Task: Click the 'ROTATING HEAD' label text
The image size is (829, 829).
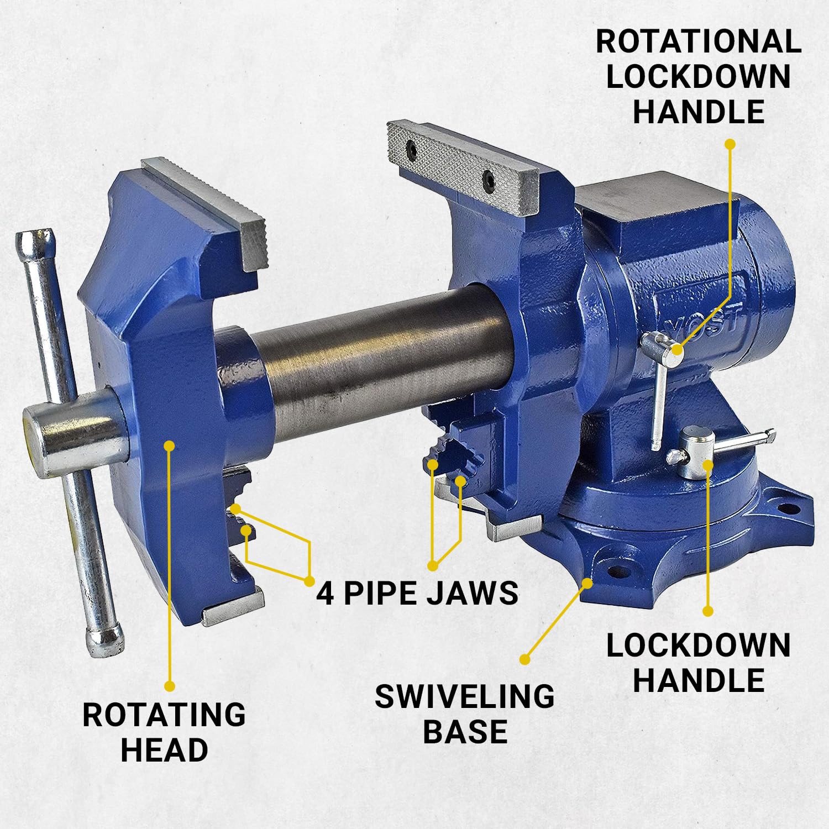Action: click(x=164, y=732)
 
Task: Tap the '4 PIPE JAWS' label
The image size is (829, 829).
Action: click(x=417, y=592)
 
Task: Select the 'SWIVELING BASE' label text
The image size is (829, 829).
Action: click(x=465, y=713)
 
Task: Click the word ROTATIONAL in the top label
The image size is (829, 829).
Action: click(x=699, y=41)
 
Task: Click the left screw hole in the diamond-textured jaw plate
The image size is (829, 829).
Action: click(x=412, y=148)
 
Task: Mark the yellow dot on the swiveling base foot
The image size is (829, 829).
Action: click(x=588, y=582)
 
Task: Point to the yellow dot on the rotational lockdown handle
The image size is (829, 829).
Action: click(x=678, y=349)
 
